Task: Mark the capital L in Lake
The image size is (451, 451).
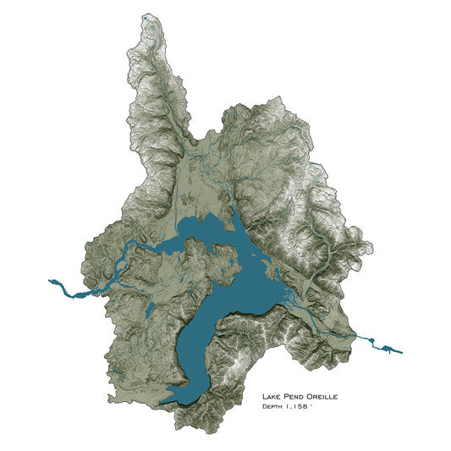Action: click(265, 396)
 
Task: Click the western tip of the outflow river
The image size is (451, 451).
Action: click(51, 280)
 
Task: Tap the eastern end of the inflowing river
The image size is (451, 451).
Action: click(402, 352)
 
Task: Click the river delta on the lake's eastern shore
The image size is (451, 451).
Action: click(289, 300)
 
